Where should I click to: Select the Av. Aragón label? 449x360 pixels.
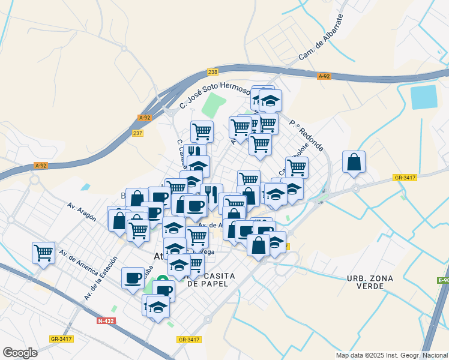pyautogui.click(x=83, y=210)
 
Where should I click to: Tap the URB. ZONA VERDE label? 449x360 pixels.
pyautogui.click(x=373, y=283)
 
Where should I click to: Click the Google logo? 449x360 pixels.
pyautogui.click(x=20, y=352)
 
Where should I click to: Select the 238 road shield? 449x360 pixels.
pyautogui.click(x=212, y=72)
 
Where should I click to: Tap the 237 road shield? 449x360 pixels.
pyautogui.click(x=137, y=133)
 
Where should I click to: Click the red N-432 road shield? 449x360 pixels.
pyautogui.click(x=106, y=321)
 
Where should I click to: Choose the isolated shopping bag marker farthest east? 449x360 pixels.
pyautogui.click(x=354, y=162)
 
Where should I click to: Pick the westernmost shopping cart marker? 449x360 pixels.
pyautogui.click(x=44, y=253)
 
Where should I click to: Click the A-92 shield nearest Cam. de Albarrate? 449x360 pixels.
pyautogui.click(x=324, y=76)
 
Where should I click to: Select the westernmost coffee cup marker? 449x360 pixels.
pyautogui.click(x=133, y=278)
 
